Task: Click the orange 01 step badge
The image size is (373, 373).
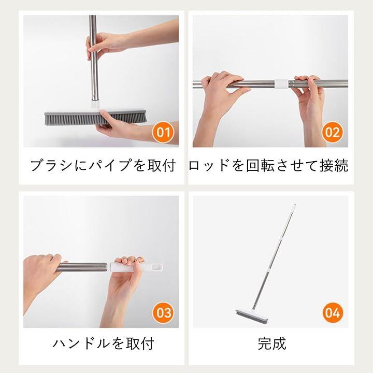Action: [163, 132]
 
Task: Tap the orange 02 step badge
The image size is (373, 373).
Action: [332, 132]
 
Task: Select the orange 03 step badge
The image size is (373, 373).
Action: [163, 312]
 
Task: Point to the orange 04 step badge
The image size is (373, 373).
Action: [333, 312]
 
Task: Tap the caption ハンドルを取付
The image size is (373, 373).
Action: [103, 343]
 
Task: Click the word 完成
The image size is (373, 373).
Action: [271, 343]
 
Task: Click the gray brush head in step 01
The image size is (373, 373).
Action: [95, 117]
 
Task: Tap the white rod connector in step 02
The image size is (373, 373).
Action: [281, 84]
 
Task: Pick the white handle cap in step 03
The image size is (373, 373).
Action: [136, 267]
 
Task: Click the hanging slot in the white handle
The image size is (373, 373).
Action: [156, 267]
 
